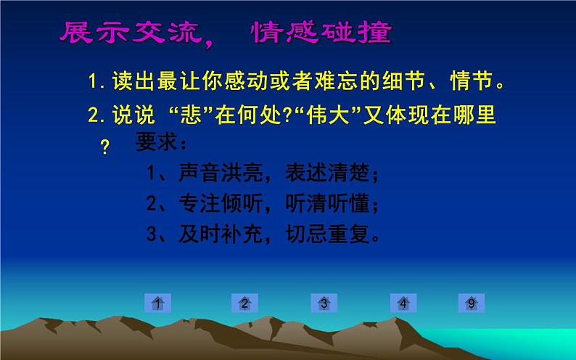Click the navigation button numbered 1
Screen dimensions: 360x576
tap(157, 303)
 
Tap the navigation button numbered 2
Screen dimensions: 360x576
tap(245, 303)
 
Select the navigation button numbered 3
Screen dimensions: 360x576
tap(324, 303)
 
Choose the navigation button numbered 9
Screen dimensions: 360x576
tap(471, 303)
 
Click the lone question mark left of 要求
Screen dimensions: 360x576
tap(104, 148)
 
